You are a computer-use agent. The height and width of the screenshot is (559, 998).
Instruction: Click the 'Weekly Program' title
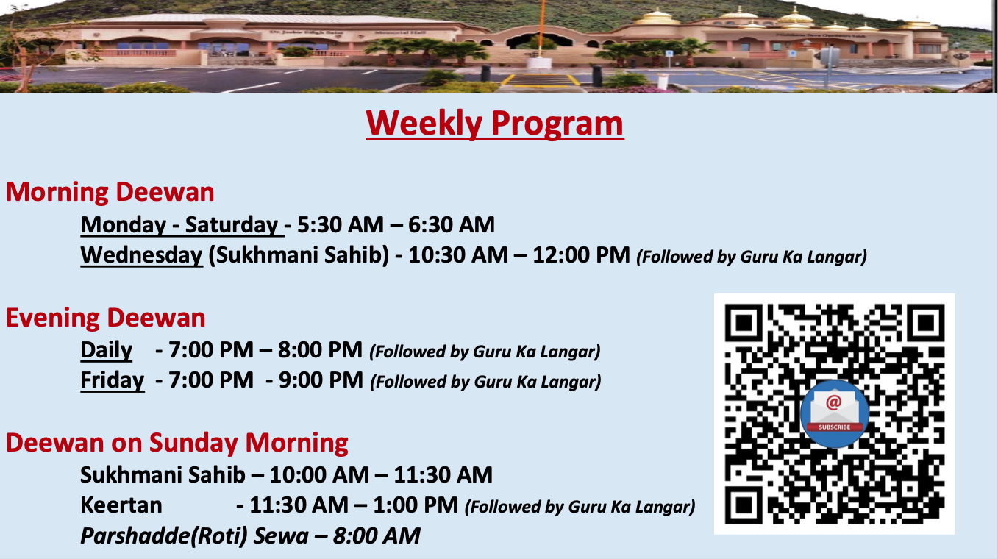pyautogui.click(x=494, y=124)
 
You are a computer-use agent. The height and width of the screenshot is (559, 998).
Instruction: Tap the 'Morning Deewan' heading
pyautogui.click(x=110, y=193)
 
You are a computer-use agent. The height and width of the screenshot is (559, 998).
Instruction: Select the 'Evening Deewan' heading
pyautogui.click(x=105, y=318)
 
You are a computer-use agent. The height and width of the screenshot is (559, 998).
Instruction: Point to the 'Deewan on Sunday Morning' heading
pyautogui.click(x=177, y=444)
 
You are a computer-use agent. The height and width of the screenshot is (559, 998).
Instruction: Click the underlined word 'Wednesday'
pyautogui.click(x=142, y=255)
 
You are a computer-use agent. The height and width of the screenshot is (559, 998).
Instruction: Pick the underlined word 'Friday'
pyautogui.click(x=113, y=380)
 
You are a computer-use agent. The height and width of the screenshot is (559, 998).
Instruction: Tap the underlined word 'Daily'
pyautogui.click(x=106, y=350)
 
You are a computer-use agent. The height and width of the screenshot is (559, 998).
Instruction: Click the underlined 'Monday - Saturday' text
pyautogui.click(x=182, y=225)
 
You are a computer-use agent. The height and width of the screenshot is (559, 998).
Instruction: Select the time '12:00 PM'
pyautogui.click(x=581, y=255)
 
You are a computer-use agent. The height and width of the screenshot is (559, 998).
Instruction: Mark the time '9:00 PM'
pyautogui.click(x=321, y=380)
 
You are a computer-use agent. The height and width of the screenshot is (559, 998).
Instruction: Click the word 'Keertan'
pyautogui.click(x=121, y=505)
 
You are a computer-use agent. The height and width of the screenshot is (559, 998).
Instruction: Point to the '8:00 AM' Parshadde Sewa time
pyautogui.click(x=377, y=536)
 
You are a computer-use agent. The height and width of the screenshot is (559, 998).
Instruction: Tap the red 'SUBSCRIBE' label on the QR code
pyautogui.click(x=835, y=427)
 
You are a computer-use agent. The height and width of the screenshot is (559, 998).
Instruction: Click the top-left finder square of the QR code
pyautogui.click(x=744, y=323)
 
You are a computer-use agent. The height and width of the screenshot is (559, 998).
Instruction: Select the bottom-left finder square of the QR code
pyautogui.click(x=744, y=505)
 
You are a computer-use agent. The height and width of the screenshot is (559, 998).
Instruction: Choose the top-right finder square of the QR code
pyautogui.click(x=926, y=323)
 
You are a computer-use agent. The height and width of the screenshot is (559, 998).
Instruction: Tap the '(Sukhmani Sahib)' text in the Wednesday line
pyautogui.click(x=299, y=255)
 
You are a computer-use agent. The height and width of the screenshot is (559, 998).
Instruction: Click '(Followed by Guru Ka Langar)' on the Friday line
pyautogui.click(x=485, y=382)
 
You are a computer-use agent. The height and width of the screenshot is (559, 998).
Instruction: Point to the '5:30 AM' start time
pyautogui.click(x=340, y=225)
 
